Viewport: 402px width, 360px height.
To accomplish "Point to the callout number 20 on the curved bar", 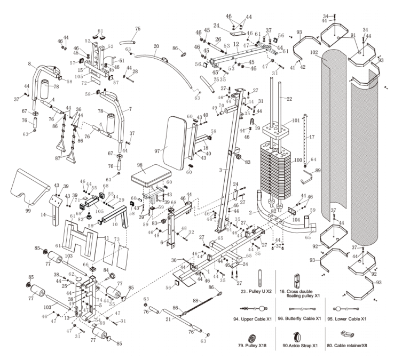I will pyautogui.click(x=156, y=46).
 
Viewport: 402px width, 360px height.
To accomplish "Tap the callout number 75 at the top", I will pyautogui.click(x=138, y=28).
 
